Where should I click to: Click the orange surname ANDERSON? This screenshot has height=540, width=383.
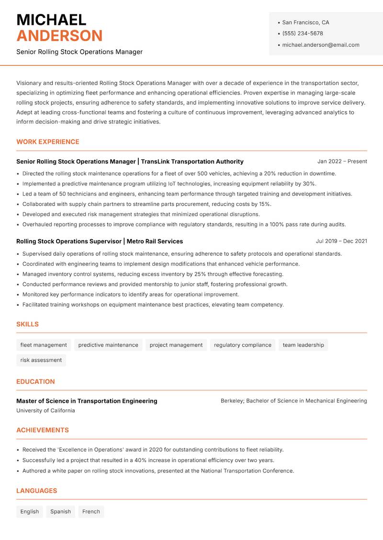59,36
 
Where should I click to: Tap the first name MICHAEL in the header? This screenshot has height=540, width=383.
51,20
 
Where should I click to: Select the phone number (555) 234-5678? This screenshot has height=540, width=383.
302,33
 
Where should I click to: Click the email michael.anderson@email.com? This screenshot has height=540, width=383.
320,45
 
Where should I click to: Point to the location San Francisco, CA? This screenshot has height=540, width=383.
305,22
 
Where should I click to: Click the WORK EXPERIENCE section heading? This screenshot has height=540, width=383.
47,142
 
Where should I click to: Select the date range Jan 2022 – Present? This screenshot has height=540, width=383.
342,162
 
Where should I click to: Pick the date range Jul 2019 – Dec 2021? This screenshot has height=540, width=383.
341,241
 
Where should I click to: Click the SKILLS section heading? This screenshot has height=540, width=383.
27,324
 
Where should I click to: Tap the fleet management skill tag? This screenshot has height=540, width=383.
44,345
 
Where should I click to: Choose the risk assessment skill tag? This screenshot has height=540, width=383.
41,360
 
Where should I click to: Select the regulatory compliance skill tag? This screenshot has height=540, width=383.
242,345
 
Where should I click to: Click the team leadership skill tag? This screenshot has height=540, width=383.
303,345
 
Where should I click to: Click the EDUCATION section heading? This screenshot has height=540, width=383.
35,382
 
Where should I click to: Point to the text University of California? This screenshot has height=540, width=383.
45,410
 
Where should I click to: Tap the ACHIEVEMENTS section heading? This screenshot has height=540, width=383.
43,430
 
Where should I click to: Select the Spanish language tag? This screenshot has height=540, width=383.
60,511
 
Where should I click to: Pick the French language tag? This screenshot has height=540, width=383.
91,511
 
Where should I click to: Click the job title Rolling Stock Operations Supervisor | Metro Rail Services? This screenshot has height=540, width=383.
100,241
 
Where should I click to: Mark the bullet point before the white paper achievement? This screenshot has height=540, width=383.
18,471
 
